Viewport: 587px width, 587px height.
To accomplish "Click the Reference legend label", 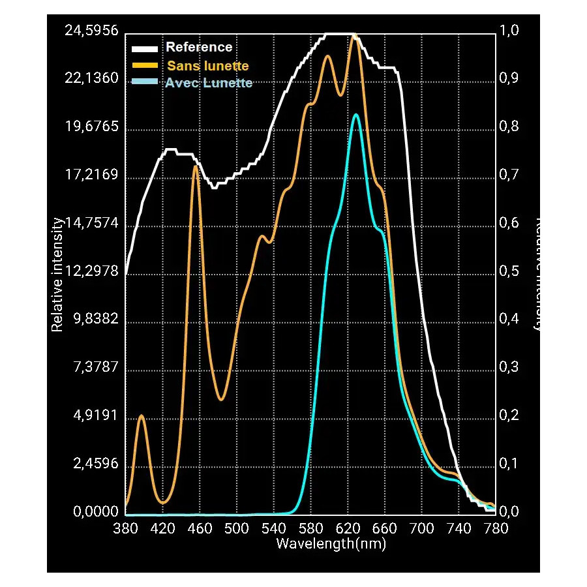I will (x=199, y=48).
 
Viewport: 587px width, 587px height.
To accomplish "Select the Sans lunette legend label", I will (x=208, y=66).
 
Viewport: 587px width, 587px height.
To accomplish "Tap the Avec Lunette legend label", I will (x=209, y=83).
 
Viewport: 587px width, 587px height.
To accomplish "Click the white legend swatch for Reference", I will (x=145, y=49).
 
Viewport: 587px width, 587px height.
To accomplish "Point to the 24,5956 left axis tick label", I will (x=91, y=31).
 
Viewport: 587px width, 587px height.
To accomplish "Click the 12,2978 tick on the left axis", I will (x=91, y=271).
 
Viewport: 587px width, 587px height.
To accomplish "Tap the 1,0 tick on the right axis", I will (x=509, y=31).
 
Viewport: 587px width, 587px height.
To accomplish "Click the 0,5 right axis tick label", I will (x=509, y=271).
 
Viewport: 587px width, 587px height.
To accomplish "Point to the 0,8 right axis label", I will (x=509, y=127).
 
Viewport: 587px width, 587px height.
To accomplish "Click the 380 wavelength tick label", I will (x=125, y=529).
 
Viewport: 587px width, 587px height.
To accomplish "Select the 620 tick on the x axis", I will (x=348, y=529).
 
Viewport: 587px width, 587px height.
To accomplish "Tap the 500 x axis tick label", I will (x=237, y=529).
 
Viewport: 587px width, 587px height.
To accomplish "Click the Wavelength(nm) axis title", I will (x=331, y=543).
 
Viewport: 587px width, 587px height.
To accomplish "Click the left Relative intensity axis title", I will (x=57, y=275).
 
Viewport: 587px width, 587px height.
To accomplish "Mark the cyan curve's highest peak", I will (x=355, y=115).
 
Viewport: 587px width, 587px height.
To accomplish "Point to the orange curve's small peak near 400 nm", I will (x=142, y=415).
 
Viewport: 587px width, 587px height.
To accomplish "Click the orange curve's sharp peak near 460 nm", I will (x=195, y=167).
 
